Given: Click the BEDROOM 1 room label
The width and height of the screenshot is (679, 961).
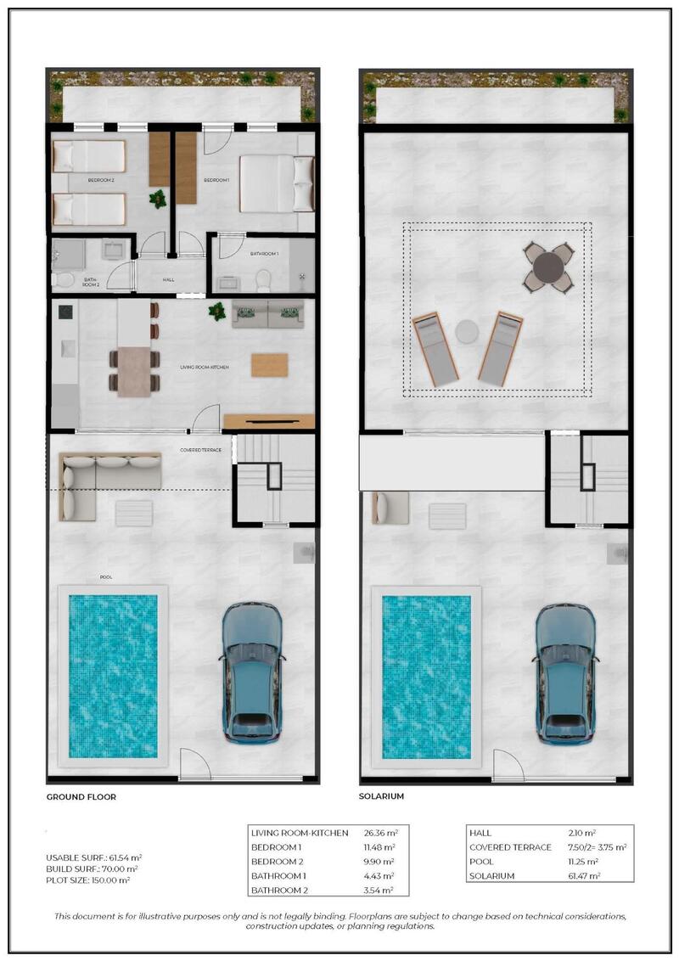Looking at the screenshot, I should pos(217,180).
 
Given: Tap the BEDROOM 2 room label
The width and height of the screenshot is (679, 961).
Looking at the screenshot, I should pos(101,180).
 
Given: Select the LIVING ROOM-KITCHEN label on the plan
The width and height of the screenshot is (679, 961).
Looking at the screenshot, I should pos(205,367).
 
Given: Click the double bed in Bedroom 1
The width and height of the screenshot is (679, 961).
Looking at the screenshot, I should pos(276,183).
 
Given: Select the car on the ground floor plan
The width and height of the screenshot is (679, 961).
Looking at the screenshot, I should pos(252,673).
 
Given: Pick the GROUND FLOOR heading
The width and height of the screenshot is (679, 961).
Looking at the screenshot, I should pos(81,797).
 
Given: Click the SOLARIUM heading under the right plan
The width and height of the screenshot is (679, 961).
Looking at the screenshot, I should pos(382,797).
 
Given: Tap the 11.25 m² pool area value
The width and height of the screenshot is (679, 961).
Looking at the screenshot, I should pos(583,862).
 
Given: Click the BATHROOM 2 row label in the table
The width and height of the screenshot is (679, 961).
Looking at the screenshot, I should pos(279,890).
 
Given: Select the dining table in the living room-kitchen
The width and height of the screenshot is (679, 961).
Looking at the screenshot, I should pos(133,372).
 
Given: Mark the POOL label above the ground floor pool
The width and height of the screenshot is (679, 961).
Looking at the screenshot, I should pos(106,577).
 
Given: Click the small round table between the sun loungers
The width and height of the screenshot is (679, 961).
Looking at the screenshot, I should pos(467,331).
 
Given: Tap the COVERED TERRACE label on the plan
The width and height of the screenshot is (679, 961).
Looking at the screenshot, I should pos(200,450).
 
